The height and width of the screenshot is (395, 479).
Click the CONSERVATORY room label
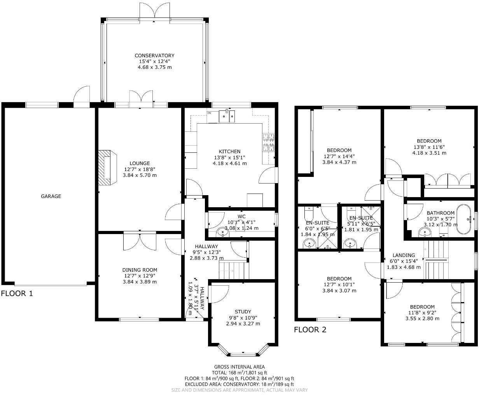(x=154, y=56)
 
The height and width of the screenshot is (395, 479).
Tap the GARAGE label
(x=51, y=196)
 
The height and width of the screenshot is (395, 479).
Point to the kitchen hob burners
(x=269, y=142)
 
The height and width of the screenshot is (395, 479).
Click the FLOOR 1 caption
(x=17, y=294)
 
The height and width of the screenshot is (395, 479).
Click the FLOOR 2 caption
(x=310, y=330)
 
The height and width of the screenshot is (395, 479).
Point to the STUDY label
(x=243, y=311)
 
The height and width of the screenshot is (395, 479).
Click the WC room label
(x=241, y=216)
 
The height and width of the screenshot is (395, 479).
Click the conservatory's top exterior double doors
(x=155, y=12)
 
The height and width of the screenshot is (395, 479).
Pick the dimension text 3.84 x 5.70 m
(x=140, y=175)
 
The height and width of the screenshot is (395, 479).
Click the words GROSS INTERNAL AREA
(x=239, y=367)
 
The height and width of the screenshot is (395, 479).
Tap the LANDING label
(x=404, y=255)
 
